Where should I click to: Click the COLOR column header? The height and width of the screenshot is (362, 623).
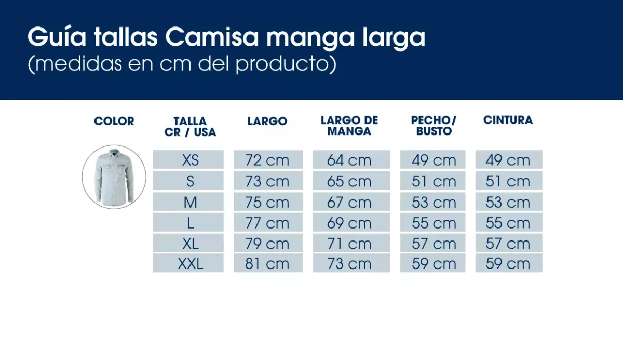[x=114, y=122]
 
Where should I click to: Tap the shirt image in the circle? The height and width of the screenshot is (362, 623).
[x=114, y=177]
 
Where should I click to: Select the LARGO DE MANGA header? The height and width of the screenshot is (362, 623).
[x=349, y=126]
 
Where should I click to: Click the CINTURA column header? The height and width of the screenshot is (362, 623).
[x=508, y=120]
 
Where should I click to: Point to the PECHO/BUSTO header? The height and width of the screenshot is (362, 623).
[x=434, y=126]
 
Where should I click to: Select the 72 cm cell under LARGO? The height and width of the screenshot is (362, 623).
[x=267, y=160]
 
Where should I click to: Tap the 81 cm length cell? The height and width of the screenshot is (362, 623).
[x=267, y=264]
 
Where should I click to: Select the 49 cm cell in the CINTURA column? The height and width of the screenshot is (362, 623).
[x=508, y=160]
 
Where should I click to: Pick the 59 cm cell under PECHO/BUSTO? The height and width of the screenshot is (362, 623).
[x=434, y=264]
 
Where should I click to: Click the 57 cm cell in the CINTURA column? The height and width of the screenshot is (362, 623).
[x=508, y=244]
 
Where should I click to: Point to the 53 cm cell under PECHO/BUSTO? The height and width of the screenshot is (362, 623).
[x=434, y=202]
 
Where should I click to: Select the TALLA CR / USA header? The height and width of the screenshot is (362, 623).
[x=190, y=127]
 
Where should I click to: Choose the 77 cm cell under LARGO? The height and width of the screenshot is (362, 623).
[x=267, y=223]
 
